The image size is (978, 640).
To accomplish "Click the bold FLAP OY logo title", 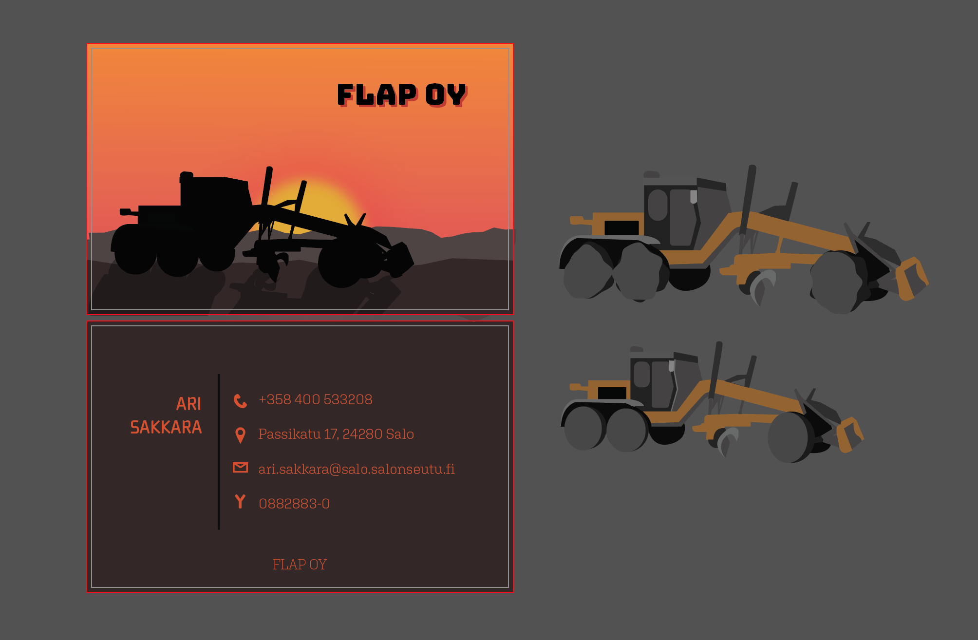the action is (x=402, y=94).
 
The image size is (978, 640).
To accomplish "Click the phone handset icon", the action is (x=240, y=401).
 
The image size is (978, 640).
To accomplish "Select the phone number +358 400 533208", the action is (x=316, y=399).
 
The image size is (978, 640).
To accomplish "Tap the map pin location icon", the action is (x=240, y=435).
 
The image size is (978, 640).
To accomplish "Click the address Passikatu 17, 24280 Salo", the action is (x=336, y=434).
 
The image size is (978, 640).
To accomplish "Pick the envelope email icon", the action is (x=240, y=468).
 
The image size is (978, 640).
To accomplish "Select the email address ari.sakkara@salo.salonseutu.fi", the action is (x=357, y=469).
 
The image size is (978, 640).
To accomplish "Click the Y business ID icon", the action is (x=240, y=501).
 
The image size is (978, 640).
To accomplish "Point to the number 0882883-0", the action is (x=294, y=504).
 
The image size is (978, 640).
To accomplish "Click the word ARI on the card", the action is (x=188, y=404).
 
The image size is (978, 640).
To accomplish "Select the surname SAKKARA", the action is (x=166, y=427).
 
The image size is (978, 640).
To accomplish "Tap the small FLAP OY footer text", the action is (x=300, y=565).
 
